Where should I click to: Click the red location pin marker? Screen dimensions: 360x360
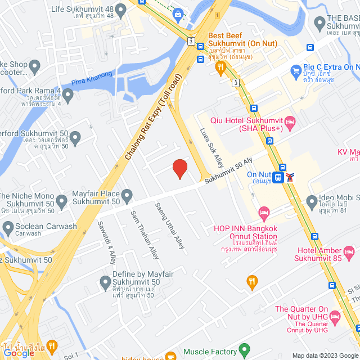(179, 169)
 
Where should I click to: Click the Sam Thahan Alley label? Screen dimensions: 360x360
(145, 235)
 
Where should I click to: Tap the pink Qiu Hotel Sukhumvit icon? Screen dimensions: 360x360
(290, 121)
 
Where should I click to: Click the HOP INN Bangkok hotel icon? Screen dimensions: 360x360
(264, 212)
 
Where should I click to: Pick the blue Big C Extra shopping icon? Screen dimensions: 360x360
(296, 71)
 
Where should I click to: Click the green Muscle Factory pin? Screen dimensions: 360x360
(244, 351)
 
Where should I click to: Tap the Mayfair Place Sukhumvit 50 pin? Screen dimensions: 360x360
(127, 196)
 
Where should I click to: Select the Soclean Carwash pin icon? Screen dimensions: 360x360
(8, 227)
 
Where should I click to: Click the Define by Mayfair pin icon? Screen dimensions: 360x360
(105, 281)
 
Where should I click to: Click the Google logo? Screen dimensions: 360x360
(19, 353)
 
